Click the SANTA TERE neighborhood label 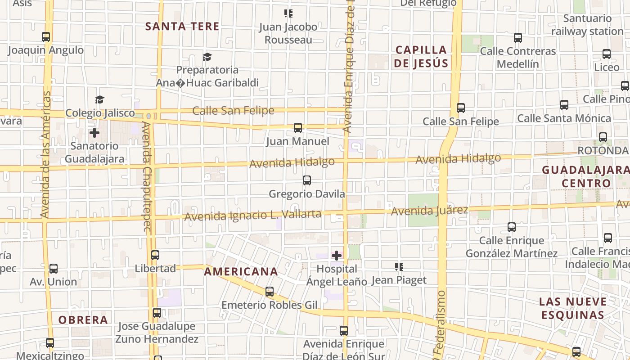coord(182,27)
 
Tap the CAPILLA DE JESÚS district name coord(421,57)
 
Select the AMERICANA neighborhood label coord(241,272)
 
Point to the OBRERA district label coord(83,320)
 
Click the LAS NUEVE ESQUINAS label coord(573,308)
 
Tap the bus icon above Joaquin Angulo coord(46,37)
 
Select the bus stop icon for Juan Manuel coord(298,128)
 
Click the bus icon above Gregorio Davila coord(307,180)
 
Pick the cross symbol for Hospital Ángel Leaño coord(337,256)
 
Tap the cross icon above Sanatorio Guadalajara coord(94,133)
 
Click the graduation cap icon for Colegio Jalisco coord(99,99)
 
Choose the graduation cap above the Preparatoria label coord(207,57)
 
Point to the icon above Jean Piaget coord(399,267)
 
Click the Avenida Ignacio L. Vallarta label coord(253,215)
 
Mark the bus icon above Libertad coord(155,255)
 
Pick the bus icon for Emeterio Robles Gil coord(270,292)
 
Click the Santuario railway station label coord(587,25)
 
